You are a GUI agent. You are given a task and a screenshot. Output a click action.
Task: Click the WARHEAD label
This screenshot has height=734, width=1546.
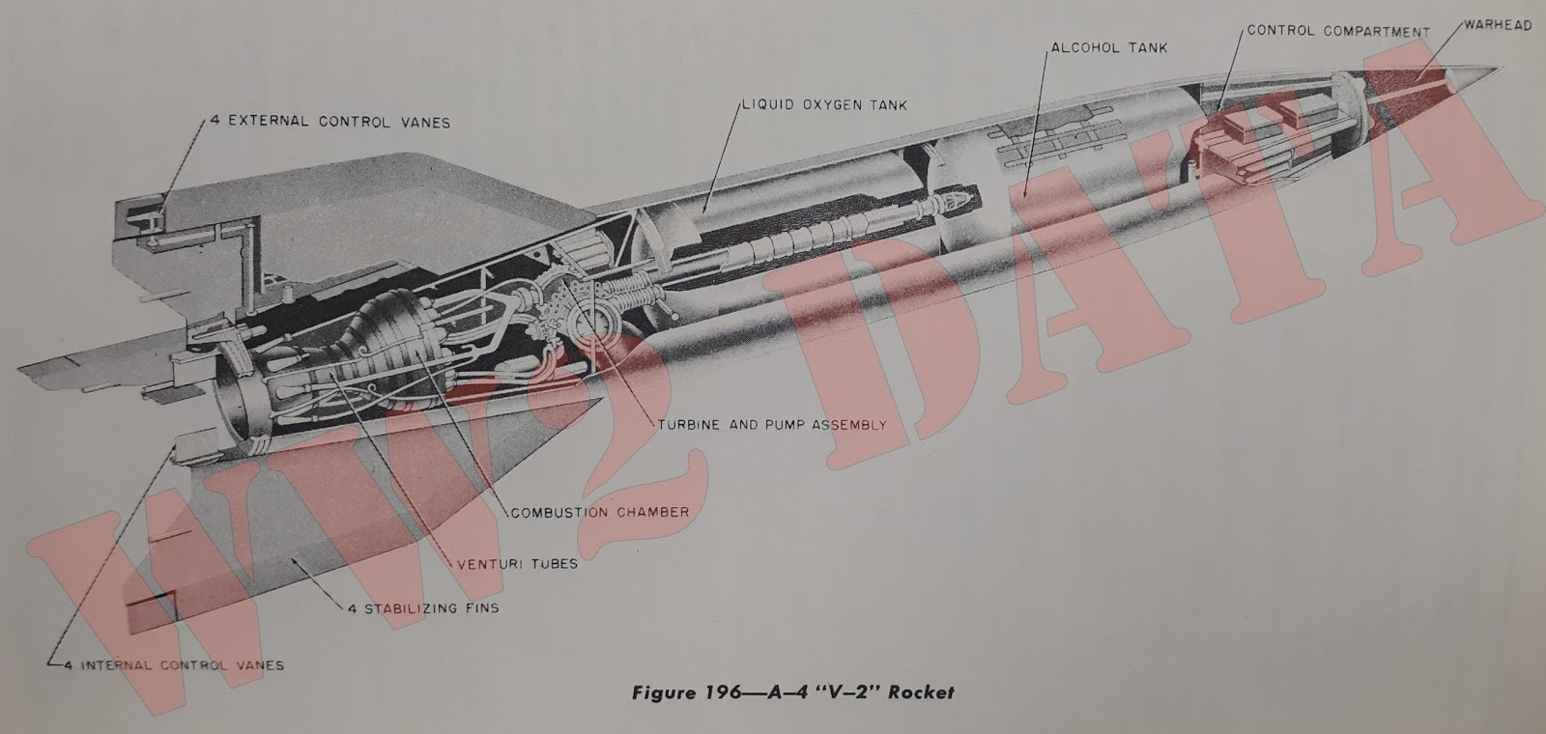1497,26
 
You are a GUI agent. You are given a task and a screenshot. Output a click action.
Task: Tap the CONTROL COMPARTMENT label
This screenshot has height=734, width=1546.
1337,31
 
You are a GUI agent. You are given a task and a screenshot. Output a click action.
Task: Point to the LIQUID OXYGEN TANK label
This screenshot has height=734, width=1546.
824,104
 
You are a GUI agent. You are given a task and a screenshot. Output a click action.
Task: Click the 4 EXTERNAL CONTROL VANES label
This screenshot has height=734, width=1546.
329,123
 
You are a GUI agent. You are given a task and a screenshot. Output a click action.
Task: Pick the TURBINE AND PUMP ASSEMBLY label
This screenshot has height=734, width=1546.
771,425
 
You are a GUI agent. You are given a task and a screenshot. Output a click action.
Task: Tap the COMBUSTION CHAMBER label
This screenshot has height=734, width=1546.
599,512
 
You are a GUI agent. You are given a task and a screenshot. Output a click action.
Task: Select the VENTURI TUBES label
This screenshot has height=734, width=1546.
516,563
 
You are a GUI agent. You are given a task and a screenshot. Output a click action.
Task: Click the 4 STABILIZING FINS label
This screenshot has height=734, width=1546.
423,608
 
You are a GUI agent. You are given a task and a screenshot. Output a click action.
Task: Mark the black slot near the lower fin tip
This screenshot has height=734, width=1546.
152,603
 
